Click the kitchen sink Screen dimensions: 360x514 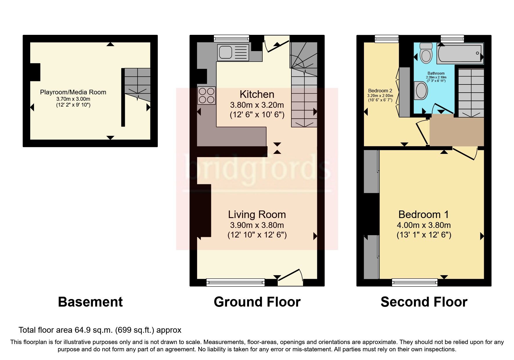pyautogui.click(x=233, y=53)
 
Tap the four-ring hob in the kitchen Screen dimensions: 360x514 pyautogui.click(x=206, y=96)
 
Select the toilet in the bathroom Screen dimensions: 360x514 pyautogui.click(x=426, y=53)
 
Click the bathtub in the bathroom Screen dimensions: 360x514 pyautogui.click(x=460, y=53)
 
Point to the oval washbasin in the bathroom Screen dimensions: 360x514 pyautogui.click(x=421, y=90)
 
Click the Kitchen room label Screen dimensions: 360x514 pyautogui.click(x=257, y=94)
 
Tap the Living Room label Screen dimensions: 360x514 pyautogui.click(x=257, y=215)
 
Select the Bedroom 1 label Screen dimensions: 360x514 pyautogui.click(x=423, y=215)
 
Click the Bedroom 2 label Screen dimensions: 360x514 pyautogui.click(x=380, y=91)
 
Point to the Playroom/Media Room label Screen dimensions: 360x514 pyautogui.click(x=73, y=92)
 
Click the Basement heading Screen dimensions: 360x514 pyautogui.click(x=90, y=302)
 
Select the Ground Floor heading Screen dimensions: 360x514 pyautogui.click(x=257, y=302)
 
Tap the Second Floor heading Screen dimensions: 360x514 pyautogui.click(x=424, y=302)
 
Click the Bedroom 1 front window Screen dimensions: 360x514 pyautogui.click(x=414, y=282)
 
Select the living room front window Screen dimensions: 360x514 pyautogui.click(x=235, y=282)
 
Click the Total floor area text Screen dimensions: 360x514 pyautogui.click(x=100, y=330)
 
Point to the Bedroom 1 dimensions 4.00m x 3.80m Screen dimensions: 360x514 pyautogui.click(x=423, y=225)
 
